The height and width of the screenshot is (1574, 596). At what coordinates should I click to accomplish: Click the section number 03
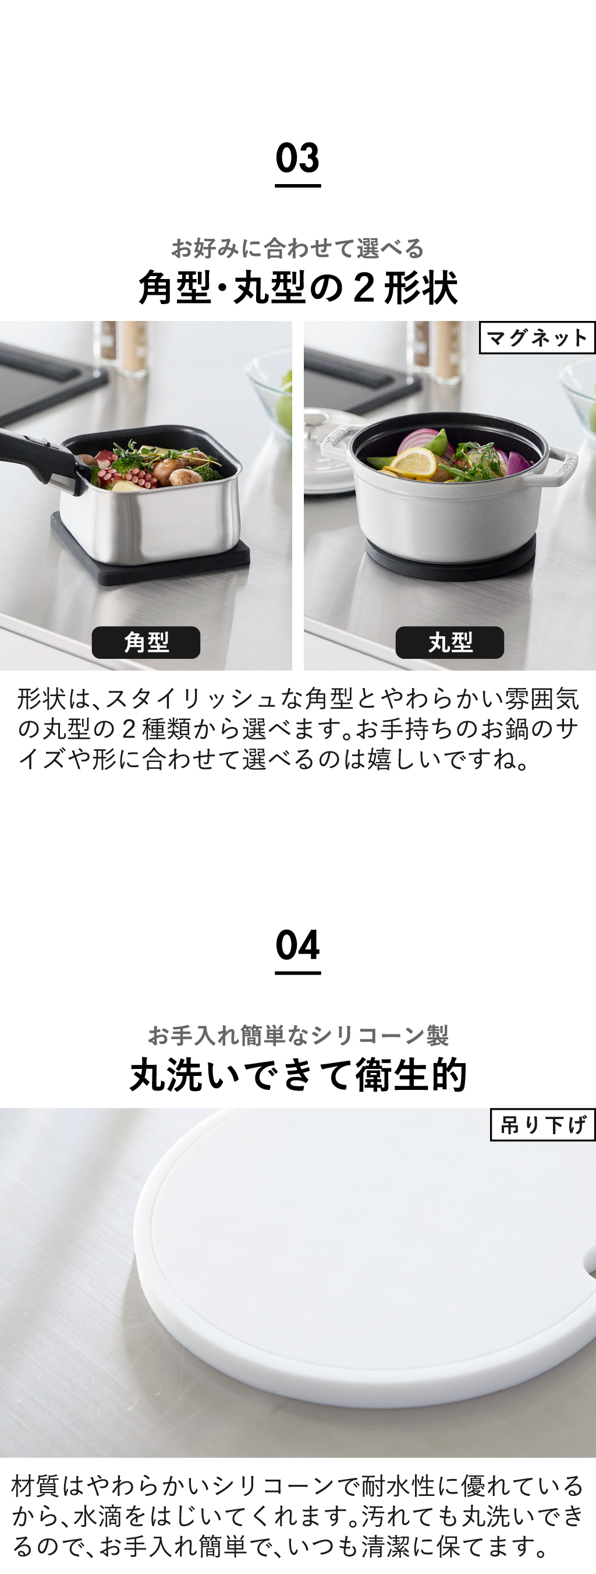(297, 158)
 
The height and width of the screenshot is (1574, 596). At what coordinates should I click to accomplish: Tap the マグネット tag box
(537, 337)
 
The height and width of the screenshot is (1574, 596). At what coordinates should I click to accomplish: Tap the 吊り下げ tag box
(543, 1124)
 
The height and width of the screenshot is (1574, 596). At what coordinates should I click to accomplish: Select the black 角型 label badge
(146, 642)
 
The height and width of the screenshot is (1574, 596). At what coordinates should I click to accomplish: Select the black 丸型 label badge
(449, 642)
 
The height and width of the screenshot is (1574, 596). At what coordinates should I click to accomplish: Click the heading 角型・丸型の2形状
(298, 288)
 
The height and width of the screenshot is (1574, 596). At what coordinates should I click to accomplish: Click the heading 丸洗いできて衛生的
(298, 1075)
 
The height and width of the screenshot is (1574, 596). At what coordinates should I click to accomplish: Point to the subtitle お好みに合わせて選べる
(297, 248)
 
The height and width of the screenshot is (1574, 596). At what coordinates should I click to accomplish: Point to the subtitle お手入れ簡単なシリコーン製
(298, 1035)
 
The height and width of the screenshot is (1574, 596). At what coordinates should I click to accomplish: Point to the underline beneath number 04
(297, 972)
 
